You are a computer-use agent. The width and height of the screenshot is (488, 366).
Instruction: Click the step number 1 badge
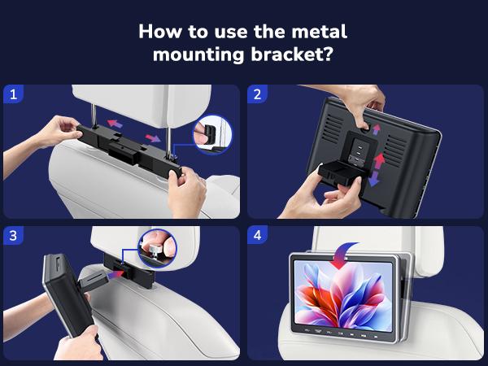click(x=13, y=94)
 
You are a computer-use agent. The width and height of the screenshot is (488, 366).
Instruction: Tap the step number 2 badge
click(x=257, y=94)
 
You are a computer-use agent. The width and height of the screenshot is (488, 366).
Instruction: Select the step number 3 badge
click(x=13, y=235)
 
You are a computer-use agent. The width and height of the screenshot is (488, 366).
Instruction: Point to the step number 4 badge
click(x=257, y=235)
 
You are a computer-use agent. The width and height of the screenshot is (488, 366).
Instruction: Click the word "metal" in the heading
click(x=319, y=32)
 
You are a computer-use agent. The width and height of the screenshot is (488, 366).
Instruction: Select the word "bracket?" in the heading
click(x=292, y=54)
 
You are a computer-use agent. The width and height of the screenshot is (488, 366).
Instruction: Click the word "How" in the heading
click(x=159, y=32)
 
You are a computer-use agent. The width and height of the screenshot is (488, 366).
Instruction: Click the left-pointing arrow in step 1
click(x=115, y=124)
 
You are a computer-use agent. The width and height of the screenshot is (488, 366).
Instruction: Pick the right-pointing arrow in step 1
click(x=153, y=138)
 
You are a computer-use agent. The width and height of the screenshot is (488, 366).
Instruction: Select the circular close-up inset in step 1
click(x=213, y=134)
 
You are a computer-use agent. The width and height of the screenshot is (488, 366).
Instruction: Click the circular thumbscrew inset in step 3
click(x=158, y=248)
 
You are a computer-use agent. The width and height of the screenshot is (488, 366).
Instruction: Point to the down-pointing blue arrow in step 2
click(x=373, y=179)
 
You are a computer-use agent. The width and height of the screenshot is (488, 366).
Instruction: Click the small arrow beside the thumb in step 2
click(x=377, y=129)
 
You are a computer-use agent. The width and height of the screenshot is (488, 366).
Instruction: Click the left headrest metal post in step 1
click(x=94, y=115)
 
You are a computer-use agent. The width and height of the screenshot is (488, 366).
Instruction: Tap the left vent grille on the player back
click(x=333, y=129)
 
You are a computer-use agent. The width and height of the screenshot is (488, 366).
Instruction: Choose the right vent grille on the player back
click(x=396, y=150)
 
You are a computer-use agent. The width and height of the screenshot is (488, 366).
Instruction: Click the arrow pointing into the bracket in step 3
click(x=115, y=275)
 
